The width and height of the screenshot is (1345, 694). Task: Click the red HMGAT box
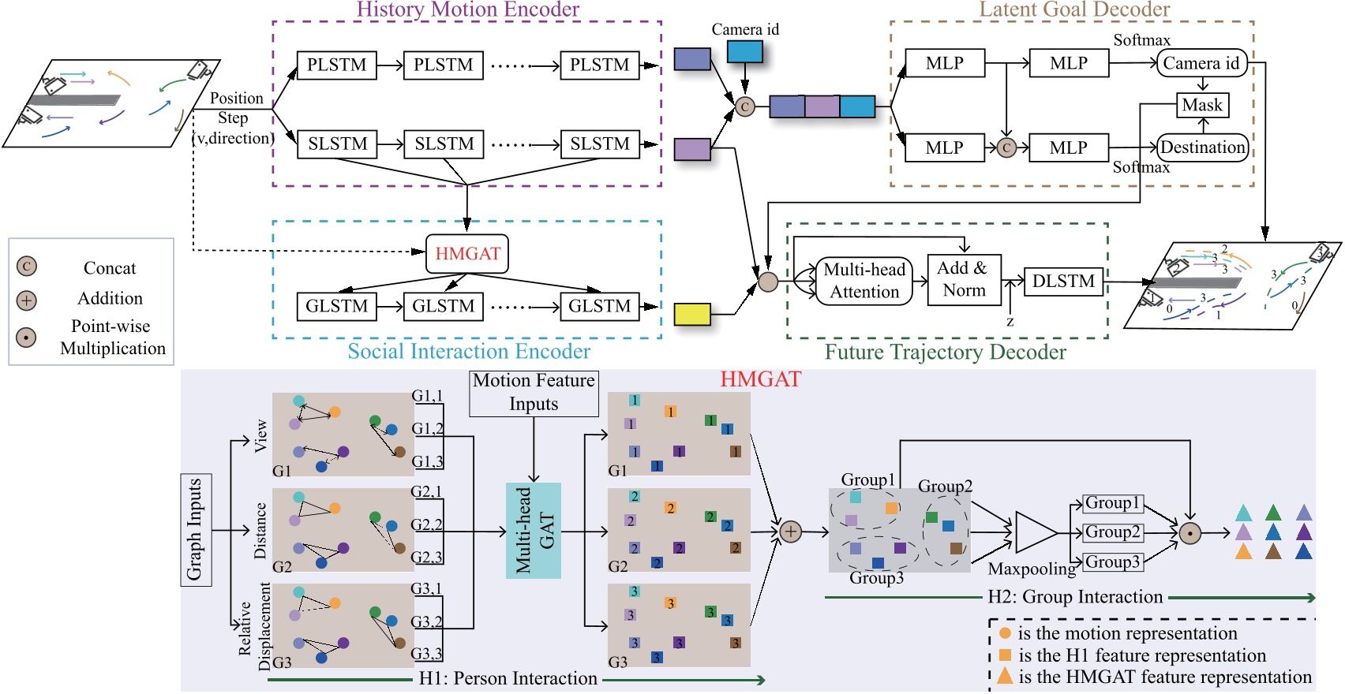467,254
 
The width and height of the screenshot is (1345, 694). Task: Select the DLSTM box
1063,282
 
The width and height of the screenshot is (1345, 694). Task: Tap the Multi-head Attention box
864,281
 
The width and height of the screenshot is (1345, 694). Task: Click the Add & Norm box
964,279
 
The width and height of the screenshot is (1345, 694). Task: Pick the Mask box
1202,105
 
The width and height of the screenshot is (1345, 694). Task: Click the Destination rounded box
1202,147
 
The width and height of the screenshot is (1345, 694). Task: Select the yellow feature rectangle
692,314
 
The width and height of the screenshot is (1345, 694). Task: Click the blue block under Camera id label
744,51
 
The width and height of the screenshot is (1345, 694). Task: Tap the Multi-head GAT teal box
534,530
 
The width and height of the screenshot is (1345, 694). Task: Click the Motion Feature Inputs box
534,393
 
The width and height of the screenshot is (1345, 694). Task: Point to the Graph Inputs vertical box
195,530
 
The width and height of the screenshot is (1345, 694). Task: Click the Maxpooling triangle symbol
1034,532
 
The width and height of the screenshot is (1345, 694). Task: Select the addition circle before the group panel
790,532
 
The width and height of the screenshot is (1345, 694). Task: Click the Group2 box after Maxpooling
1113,532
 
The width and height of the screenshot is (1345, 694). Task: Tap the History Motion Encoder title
467,9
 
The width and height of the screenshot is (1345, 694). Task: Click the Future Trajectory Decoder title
945,352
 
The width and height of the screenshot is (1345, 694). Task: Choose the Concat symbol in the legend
26,267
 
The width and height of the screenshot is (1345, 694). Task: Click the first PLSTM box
337,65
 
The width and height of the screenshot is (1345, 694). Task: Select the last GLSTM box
599,306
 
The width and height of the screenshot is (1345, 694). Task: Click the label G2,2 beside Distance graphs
426,524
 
